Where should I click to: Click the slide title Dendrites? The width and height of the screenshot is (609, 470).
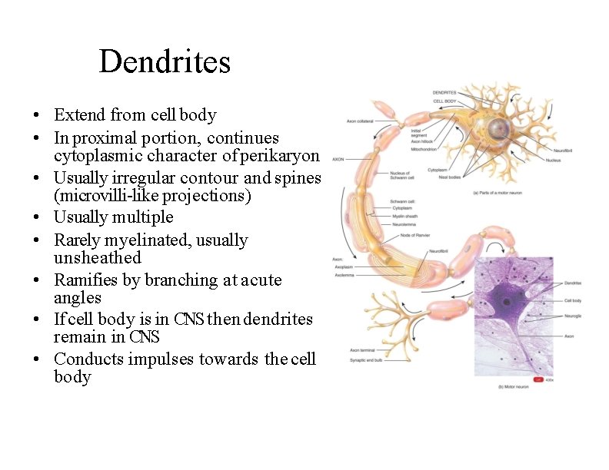click(165, 61)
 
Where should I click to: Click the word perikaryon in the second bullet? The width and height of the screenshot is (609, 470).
click(279, 156)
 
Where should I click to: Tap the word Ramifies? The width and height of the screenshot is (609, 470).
click(85, 280)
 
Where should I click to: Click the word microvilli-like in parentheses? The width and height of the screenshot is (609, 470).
click(110, 196)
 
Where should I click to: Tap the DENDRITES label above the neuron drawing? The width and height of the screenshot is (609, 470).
click(444, 93)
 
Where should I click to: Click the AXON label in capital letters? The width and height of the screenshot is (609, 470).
click(338, 160)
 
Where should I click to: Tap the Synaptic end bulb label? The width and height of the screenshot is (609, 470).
click(367, 360)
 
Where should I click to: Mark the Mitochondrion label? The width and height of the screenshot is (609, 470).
click(424, 149)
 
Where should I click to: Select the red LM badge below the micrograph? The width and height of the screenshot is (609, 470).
click(538, 379)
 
